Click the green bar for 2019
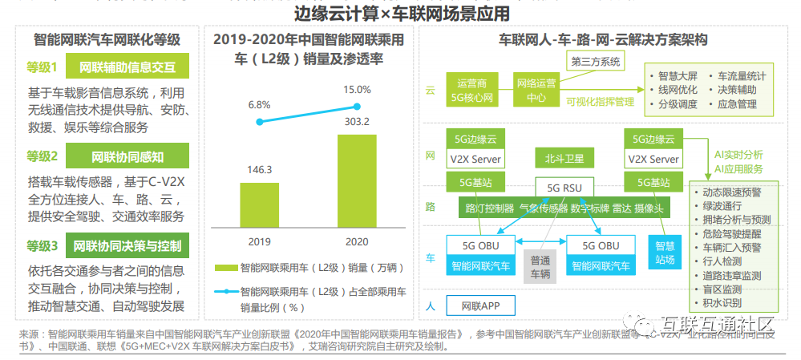click(x=261, y=204)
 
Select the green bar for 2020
click(x=356, y=184)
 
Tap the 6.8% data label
click(x=260, y=105)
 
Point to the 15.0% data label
click(x=357, y=89)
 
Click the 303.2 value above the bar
click(x=357, y=121)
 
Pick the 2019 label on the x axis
click(x=261, y=241)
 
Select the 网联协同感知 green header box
click(x=128, y=156)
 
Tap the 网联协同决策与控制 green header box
click(x=128, y=245)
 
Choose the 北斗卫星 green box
click(x=564, y=158)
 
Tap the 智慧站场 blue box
click(x=665, y=252)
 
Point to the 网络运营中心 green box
click(x=536, y=90)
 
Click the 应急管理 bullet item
click(x=737, y=104)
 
